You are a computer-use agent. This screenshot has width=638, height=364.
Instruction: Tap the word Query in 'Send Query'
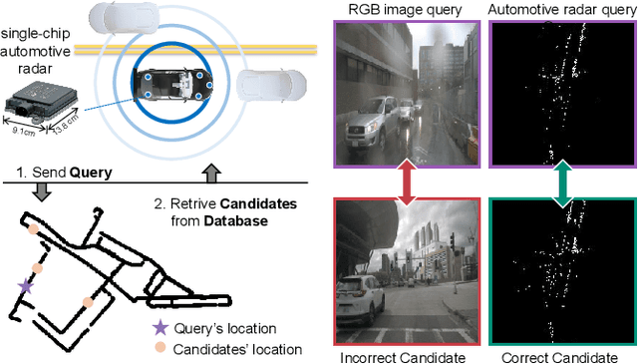pos(89,172)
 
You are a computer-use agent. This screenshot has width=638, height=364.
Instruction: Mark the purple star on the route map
pos(26,285)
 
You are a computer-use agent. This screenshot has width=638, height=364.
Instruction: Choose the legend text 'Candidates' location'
pos(238,348)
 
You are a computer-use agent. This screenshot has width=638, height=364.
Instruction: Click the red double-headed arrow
pos(406,181)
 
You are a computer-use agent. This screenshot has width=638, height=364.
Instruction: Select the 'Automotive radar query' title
pos(562,10)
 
